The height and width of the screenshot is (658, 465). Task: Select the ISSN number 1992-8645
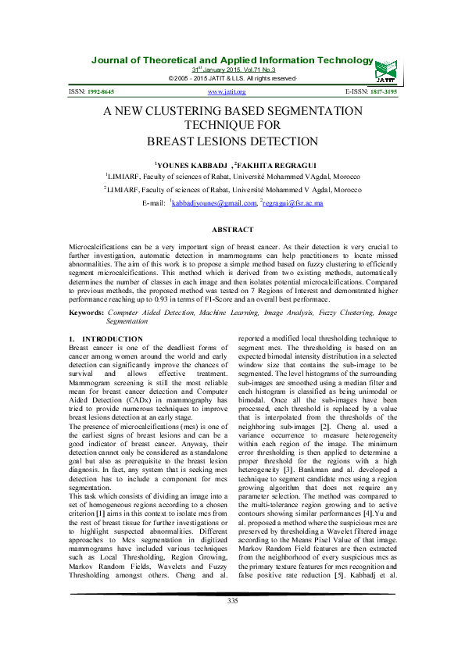click(x=106, y=92)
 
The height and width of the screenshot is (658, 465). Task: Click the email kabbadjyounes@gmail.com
click(x=215, y=203)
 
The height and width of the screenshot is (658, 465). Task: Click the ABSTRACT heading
click(x=233, y=229)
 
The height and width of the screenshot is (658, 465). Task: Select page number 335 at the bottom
click(x=232, y=622)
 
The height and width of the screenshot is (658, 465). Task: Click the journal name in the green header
click(x=232, y=60)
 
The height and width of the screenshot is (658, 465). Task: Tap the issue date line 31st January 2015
click(x=232, y=70)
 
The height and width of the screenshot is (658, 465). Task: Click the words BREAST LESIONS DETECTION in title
click(x=233, y=141)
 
